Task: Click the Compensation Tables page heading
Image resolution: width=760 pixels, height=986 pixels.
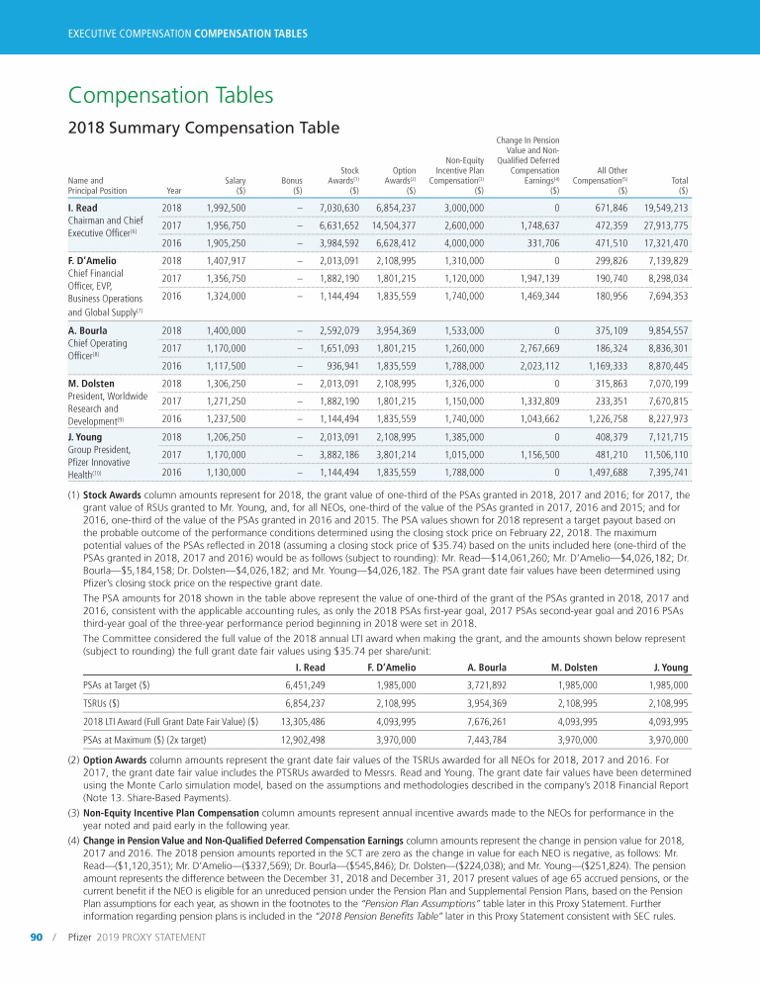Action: click(170, 95)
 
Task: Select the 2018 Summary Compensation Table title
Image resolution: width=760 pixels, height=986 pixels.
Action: click(203, 128)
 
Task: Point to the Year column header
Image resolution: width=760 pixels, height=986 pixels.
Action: click(174, 190)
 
